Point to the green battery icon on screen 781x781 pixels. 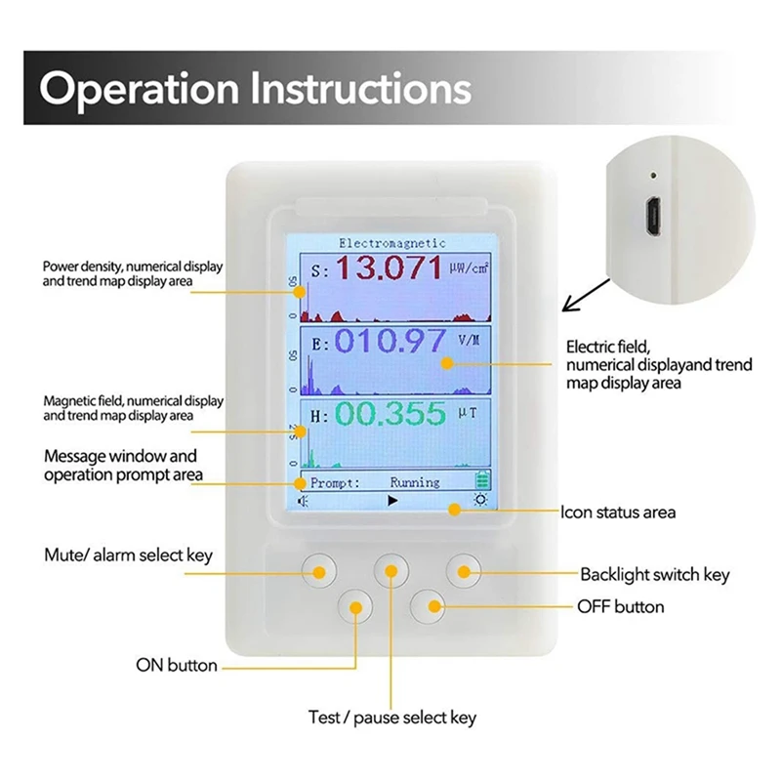(x=480, y=481)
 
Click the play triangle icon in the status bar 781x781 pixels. (x=392, y=500)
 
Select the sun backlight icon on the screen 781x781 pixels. (x=479, y=500)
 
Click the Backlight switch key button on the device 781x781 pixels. (x=465, y=569)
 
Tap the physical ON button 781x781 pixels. (x=355, y=607)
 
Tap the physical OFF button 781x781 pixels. (x=428, y=606)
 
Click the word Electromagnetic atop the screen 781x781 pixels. (x=391, y=242)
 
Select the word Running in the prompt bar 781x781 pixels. (x=415, y=482)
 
